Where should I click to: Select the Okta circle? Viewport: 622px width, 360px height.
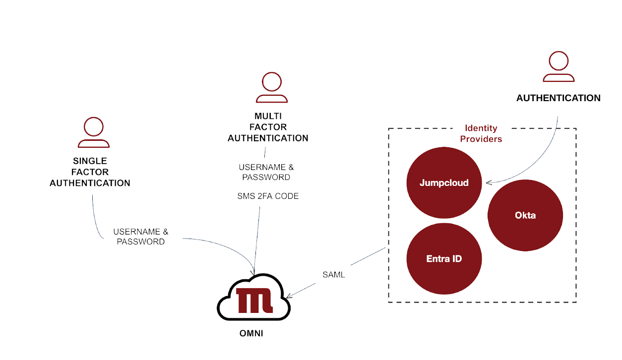(525, 215)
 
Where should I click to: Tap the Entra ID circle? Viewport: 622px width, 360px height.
(444, 258)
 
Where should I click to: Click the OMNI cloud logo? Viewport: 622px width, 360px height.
(253, 298)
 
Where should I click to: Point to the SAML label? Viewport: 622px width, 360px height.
(334, 275)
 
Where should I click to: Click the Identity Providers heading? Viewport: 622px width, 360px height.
(481, 134)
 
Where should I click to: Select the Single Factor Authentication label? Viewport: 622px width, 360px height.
(90, 172)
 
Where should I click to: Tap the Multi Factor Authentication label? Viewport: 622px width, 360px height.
(268, 127)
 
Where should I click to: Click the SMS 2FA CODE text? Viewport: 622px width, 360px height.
(268, 196)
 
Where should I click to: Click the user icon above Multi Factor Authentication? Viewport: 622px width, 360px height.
(272, 88)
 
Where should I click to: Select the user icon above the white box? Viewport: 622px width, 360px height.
(559, 66)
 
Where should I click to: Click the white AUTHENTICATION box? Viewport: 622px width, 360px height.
(555, 100)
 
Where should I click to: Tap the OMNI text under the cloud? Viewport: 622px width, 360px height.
(251, 334)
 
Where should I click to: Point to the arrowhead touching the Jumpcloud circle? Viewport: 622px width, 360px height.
(489, 182)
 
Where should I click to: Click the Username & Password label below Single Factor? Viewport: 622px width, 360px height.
(140, 237)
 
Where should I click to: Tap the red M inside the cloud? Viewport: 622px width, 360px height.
(253, 300)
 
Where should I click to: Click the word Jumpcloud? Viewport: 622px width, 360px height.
(444, 183)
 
